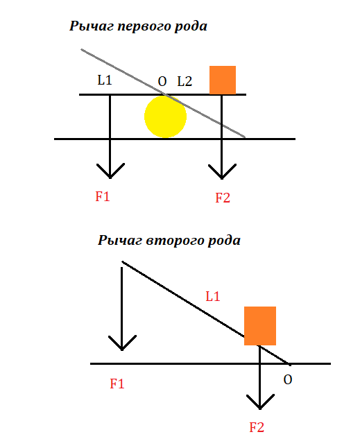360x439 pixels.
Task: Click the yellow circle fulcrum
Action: (x=166, y=117)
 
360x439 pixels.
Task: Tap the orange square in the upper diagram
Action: (x=223, y=80)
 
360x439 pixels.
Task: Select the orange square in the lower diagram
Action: (x=260, y=326)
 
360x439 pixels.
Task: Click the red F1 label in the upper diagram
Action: (x=103, y=196)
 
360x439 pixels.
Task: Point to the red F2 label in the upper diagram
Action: (x=223, y=198)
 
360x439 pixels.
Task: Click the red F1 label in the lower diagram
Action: (x=117, y=384)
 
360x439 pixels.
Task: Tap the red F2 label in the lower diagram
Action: (x=257, y=427)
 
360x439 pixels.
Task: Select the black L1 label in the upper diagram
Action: (x=105, y=80)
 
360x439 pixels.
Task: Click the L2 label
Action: (x=185, y=81)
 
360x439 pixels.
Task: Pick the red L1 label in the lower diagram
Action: (x=213, y=297)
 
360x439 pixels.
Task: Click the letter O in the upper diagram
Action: (x=162, y=82)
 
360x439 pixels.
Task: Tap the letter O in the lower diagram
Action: (x=288, y=380)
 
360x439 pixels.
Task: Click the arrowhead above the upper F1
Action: (x=110, y=171)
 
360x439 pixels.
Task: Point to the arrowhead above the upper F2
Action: (x=222, y=171)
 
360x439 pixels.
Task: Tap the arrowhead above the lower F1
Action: (x=122, y=343)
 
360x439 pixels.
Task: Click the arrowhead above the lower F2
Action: (x=260, y=402)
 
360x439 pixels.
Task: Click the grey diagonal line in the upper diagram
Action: (x=163, y=93)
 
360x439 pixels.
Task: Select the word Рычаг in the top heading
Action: (x=92, y=26)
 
